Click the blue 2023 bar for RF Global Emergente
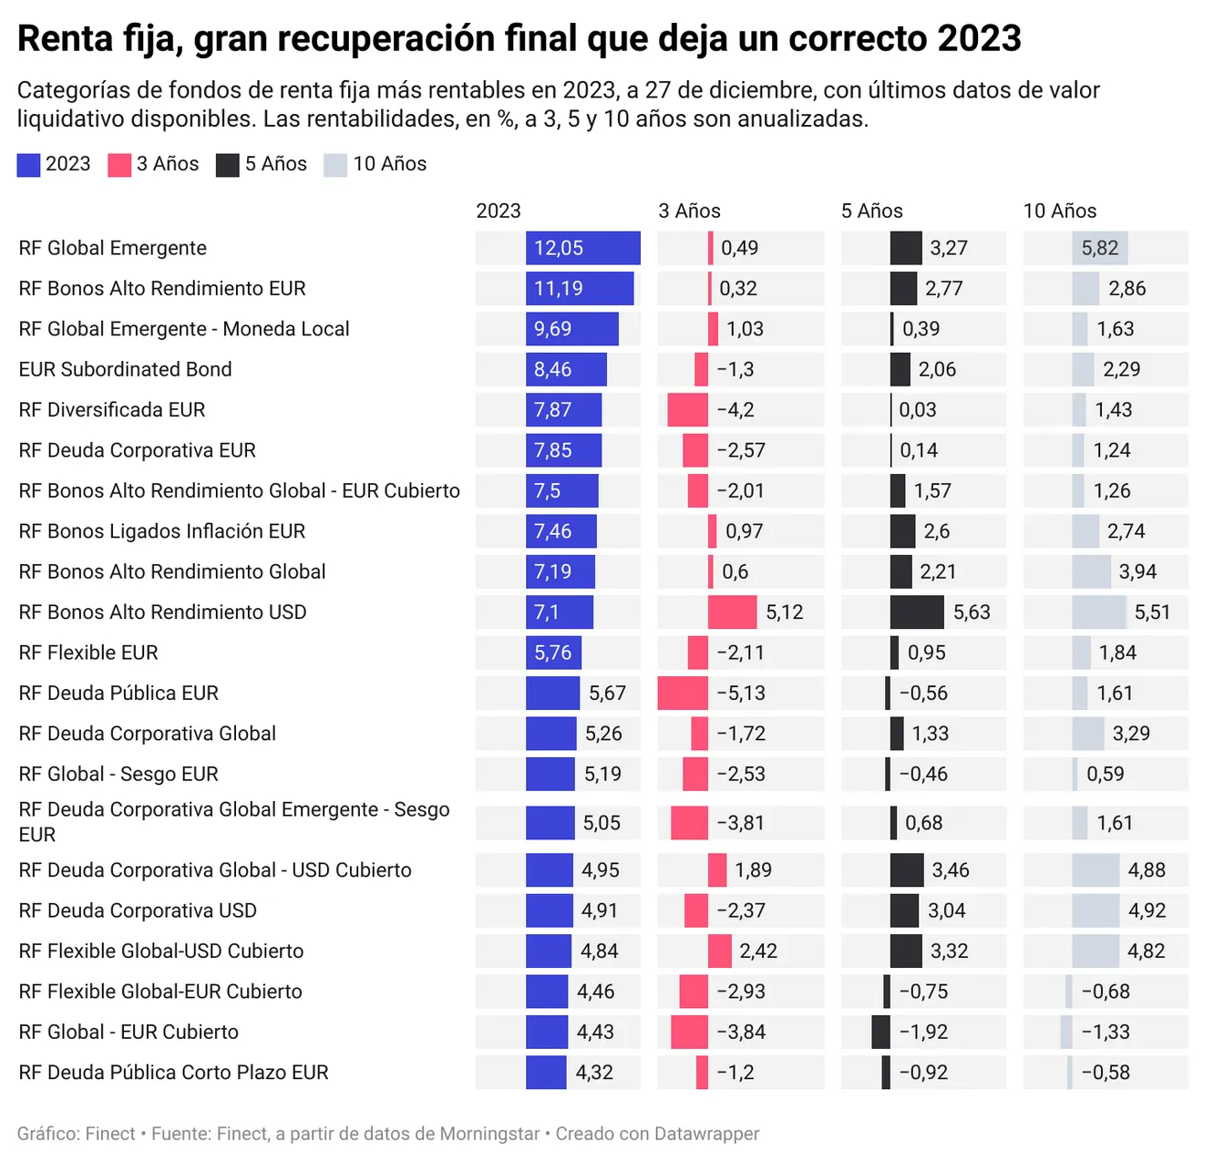pos(583,248)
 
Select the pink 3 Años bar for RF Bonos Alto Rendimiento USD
pos(732,612)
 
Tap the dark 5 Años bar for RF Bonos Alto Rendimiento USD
pos(917,612)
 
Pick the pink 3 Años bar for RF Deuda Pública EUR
pos(683,694)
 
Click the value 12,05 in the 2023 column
pos(559,248)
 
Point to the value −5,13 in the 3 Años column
pos(741,694)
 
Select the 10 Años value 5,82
pos(1099,248)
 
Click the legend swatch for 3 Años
pos(119,165)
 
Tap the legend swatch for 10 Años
pos(335,165)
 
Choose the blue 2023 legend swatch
pos(28,165)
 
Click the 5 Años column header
pos(871,211)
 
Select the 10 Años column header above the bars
pos(1060,211)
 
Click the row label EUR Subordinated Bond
pos(126,369)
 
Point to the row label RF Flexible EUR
pos(88,653)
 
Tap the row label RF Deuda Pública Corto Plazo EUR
pos(173,1073)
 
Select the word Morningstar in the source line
pos(489,1134)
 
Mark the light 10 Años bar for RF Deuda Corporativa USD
pos(1096,911)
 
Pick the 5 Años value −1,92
pos(923,1033)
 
